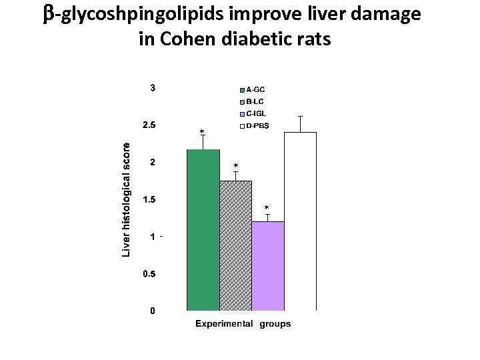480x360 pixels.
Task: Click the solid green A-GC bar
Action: pyautogui.click(x=203, y=230)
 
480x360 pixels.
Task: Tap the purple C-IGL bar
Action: pyautogui.click(x=268, y=266)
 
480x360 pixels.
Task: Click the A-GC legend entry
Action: pyautogui.click(x=256, y=89)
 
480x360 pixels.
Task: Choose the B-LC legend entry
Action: pyautogui.click(x=255, y=101)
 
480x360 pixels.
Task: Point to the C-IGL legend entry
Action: pyautogui.click(x=257, y=113)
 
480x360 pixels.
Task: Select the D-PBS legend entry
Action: pyautogui.click(x=257, y=125)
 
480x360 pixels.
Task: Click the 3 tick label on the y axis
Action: pyautogui.click(x=152, y=88)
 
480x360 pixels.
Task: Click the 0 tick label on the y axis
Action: pyautogui.click(x=152, y=311)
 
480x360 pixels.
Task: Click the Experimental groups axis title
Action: pyautogui.click(x=243, y=324)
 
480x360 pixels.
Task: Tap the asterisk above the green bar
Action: pyautogui.click(x=203, y=132)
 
